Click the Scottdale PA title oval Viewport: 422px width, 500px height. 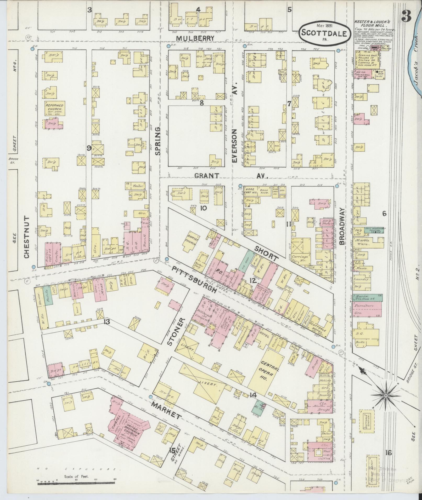[325, 33]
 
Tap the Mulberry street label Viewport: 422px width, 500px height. [195, 38]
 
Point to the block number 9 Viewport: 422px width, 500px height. [89, 148]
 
